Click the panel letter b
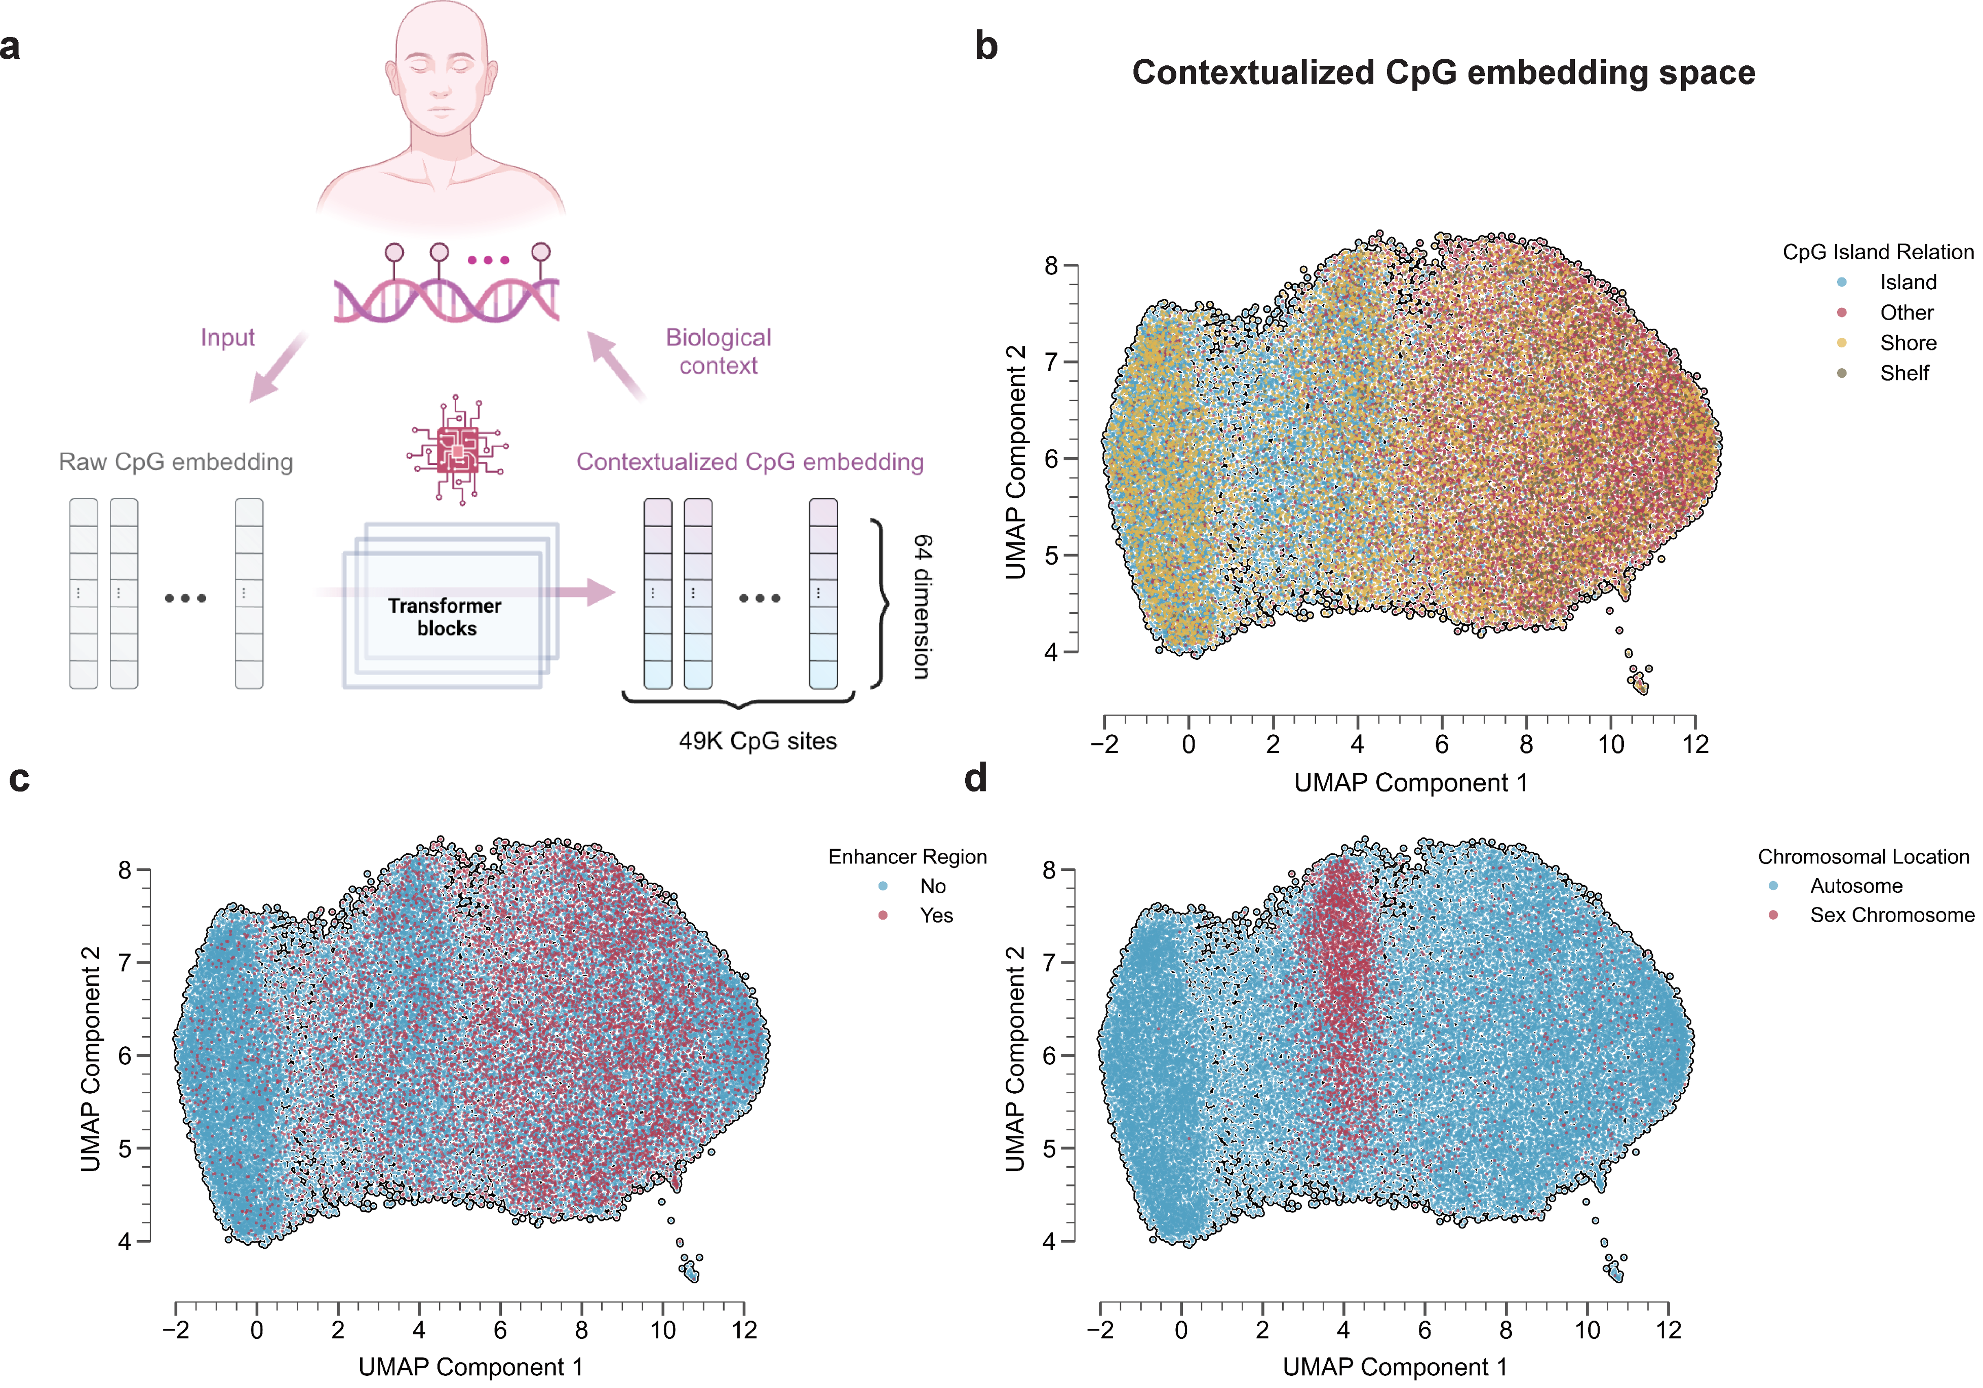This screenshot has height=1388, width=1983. (986, 47)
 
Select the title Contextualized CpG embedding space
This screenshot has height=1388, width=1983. (1443, 72)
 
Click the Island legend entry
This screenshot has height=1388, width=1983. (1908, 283)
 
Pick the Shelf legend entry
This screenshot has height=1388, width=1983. (1905, 373)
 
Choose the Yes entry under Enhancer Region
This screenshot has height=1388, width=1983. (936, 916)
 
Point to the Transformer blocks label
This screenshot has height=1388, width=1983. (445, 617)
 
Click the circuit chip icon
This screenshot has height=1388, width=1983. (458, 449)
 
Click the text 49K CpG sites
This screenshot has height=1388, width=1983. (758, 741)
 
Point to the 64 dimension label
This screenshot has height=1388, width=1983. (923, 606)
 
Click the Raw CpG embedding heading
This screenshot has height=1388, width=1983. (175, 462)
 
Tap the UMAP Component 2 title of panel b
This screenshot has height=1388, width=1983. (1016, 462)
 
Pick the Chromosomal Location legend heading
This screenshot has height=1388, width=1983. (1863, 857)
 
